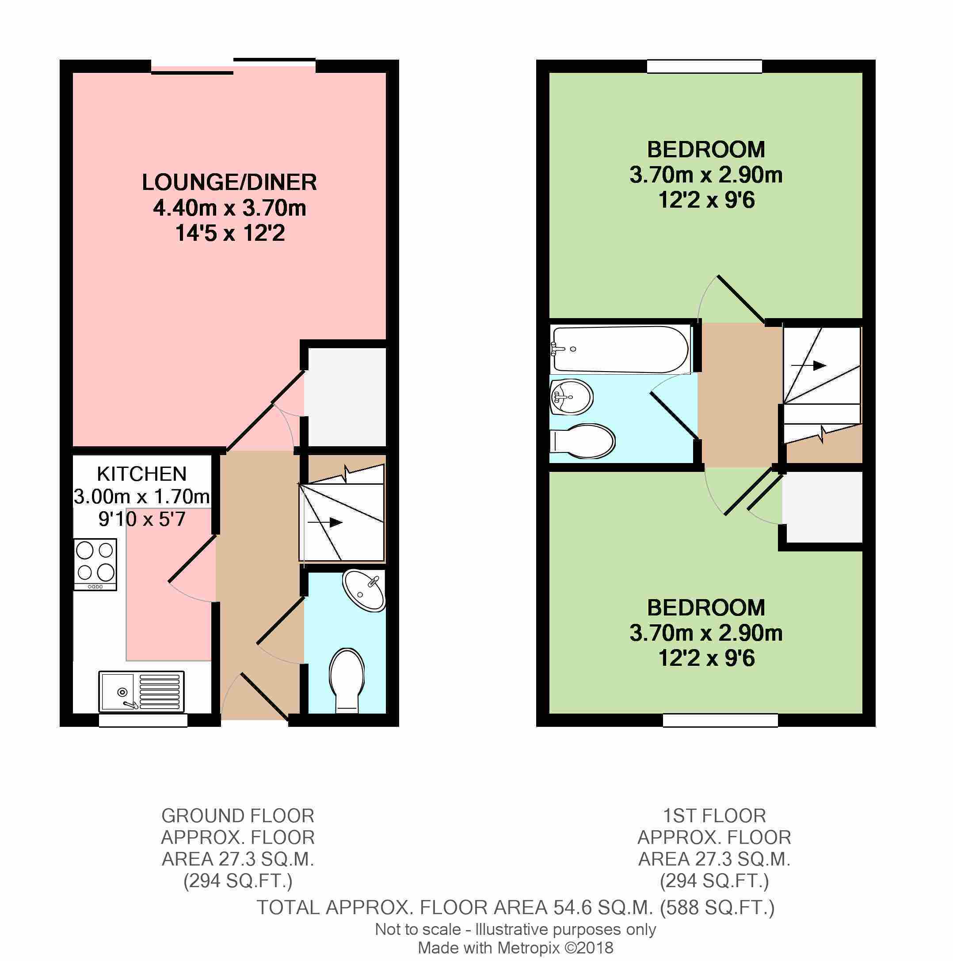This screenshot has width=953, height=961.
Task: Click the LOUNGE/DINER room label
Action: pos(229,182)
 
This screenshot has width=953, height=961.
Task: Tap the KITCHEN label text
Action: pos(142,474)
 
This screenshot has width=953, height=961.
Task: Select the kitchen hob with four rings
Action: pos(95,565)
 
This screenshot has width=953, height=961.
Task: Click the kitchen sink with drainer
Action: pos(142,691)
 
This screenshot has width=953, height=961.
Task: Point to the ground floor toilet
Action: pos(347,680)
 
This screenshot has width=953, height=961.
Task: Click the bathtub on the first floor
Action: pos(620,349)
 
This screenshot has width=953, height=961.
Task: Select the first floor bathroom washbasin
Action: pos(571,397)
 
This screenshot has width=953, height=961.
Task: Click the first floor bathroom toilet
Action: pos(583,441)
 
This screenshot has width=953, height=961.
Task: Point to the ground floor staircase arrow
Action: pos(325,522)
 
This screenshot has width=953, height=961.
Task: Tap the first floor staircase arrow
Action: pos(809,365)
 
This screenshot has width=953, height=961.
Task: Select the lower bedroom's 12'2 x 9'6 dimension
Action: pos(706,659)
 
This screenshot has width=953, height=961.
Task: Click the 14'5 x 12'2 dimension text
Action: pos(230,233)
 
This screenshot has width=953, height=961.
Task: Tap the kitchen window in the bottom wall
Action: pos(143,720)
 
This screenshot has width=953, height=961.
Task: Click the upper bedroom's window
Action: pos(705,66)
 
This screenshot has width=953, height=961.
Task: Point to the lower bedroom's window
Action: pos(720,720)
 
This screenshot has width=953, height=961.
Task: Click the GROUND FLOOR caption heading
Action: pos(238,816)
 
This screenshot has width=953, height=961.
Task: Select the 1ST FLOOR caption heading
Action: pos(714,816)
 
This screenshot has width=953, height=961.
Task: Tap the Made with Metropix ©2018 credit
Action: pos(515,948)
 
